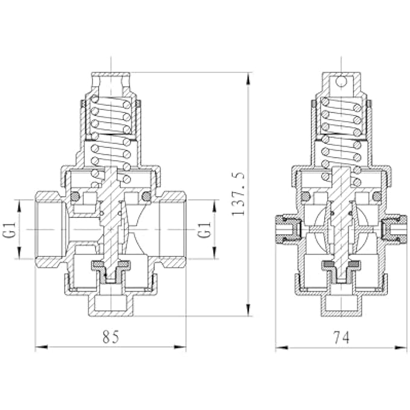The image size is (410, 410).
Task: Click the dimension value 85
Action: pos(110,338)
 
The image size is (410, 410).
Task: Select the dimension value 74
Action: pos(341,338)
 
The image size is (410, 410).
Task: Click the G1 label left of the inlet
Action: pos(10,230)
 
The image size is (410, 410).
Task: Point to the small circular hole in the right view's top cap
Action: pos(341,80)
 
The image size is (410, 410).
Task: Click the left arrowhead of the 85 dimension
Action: pos(39,347)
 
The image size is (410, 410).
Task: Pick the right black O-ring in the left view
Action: pos(145,197)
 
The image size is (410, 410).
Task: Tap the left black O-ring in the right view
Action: pos(306,197)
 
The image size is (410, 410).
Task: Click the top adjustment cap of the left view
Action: pos(111,81)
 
